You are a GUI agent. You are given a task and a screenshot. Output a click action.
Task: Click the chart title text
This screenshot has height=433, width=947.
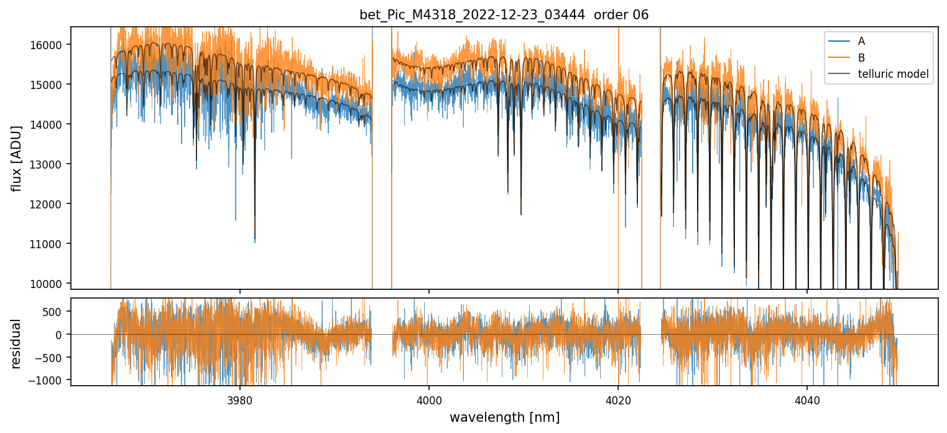(x=504, y=15)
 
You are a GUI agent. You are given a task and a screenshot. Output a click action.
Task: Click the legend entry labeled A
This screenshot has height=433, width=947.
(x=861, y=41)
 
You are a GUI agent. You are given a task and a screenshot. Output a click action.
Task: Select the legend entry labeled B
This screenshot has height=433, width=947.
(x=861, y=58)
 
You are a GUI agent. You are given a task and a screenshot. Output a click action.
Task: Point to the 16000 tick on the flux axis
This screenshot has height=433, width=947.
(x=50, y=45)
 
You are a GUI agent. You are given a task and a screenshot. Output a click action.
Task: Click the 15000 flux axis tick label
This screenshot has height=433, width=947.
(x=50, y=85)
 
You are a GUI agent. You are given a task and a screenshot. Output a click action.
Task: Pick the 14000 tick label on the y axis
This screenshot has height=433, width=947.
(x=50, y=124)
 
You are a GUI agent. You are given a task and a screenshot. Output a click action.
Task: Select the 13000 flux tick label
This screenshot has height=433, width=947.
(x=50, y=164)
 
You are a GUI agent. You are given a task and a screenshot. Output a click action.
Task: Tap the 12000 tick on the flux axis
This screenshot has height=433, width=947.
(x=50, y=204)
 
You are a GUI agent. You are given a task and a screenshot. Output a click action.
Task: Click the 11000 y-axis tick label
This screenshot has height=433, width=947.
(x=50, y=244)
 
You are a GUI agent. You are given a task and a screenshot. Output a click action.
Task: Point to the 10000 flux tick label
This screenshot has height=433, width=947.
(x=50, y=284)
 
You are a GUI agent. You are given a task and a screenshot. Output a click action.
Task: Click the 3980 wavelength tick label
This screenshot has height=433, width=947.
(x=240, y=399)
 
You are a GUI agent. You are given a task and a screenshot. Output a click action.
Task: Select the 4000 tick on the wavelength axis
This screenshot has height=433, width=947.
(x=429, y=399)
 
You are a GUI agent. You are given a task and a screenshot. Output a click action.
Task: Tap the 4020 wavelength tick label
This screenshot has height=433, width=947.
(x=618, y=399)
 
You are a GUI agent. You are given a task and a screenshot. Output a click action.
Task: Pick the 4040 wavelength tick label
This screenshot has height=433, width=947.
(x=807, y=399)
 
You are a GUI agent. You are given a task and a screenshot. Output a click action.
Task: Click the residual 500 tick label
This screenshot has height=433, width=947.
(x=53, y=312)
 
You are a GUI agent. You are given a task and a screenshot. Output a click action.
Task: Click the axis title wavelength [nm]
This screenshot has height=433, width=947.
(x=504, y=417)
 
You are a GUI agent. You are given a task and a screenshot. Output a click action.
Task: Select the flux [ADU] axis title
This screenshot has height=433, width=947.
(x=16, y=158)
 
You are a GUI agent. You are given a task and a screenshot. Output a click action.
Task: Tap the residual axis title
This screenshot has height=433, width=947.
(x=16, y=343)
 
